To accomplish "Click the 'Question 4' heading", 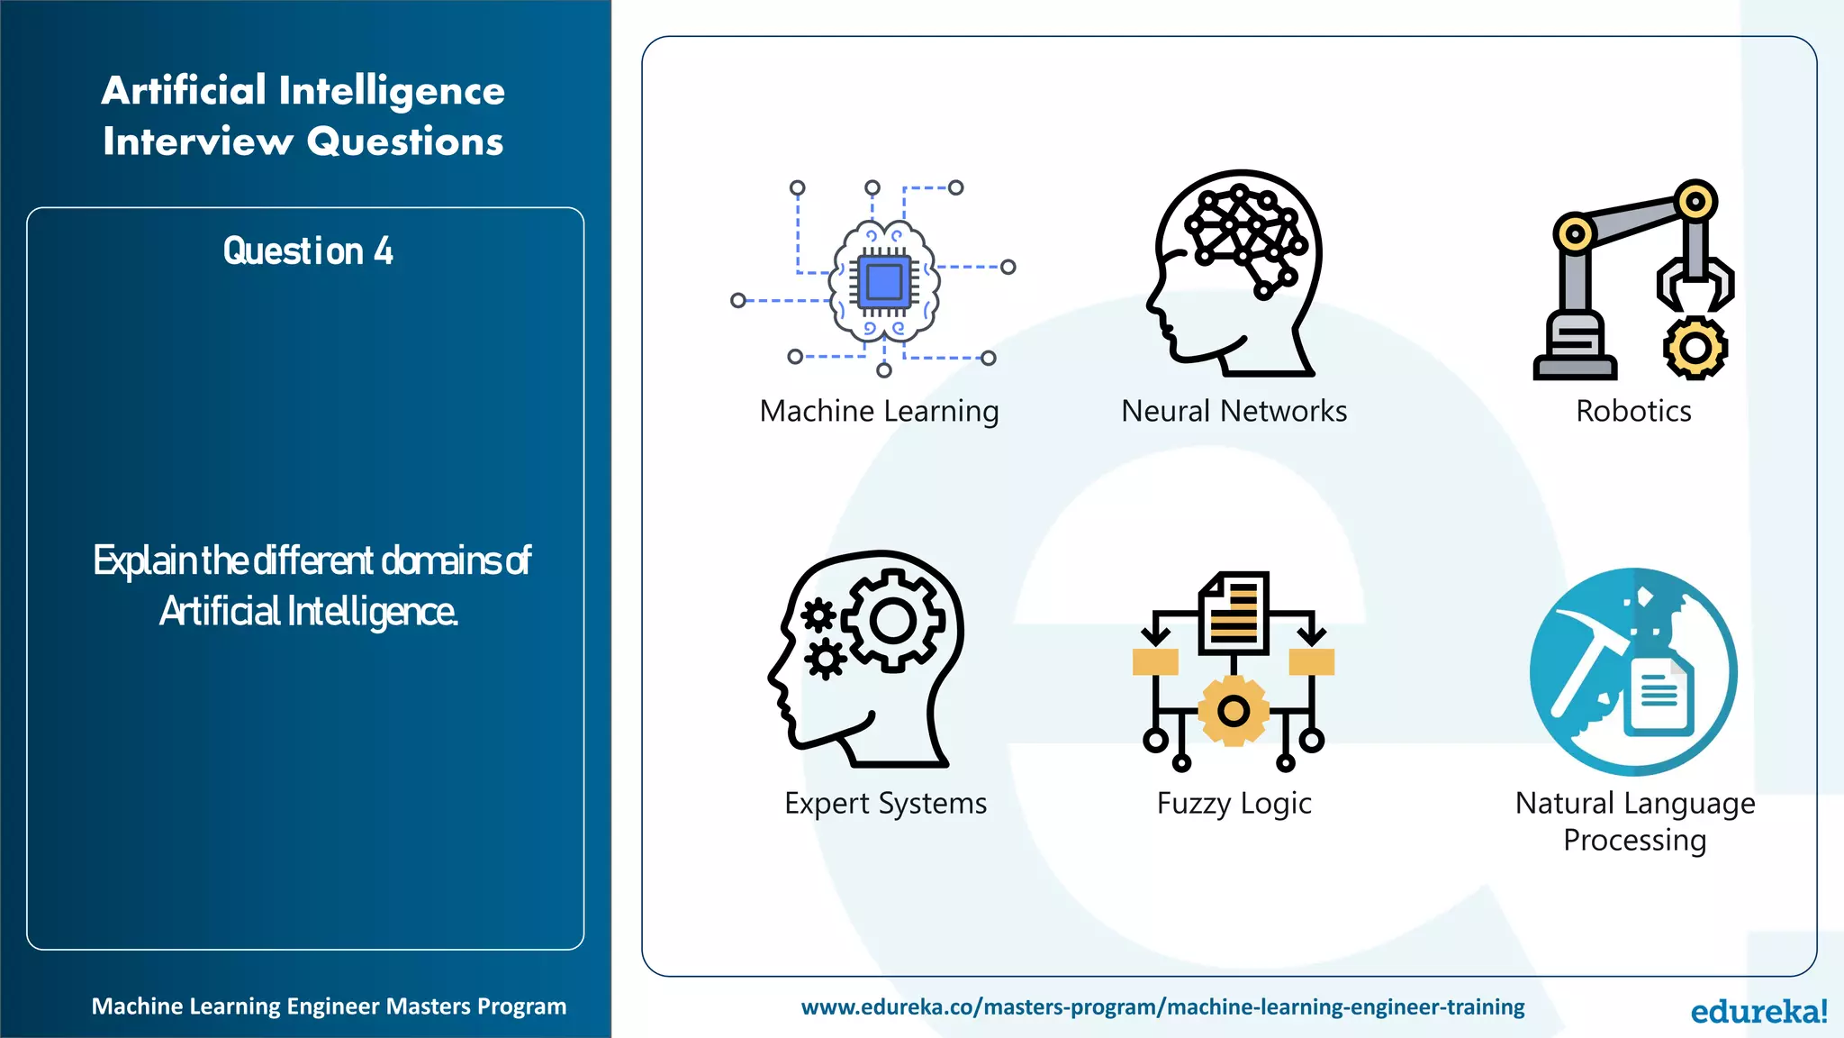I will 308,251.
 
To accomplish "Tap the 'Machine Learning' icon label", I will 879,412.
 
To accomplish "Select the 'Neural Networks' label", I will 1234,412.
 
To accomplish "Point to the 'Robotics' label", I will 1633,412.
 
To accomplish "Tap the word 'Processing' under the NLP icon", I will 1634,841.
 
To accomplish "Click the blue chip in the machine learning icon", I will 883,282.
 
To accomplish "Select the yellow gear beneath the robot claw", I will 1695,348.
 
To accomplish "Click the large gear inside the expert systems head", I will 892,621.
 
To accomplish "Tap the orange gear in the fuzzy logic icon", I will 1234,711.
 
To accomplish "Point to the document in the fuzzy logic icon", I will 1234,613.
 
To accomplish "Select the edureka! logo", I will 1758,1011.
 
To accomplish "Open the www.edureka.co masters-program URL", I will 1162,1006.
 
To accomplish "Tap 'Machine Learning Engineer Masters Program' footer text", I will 329,1006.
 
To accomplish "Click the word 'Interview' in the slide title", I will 198,141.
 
